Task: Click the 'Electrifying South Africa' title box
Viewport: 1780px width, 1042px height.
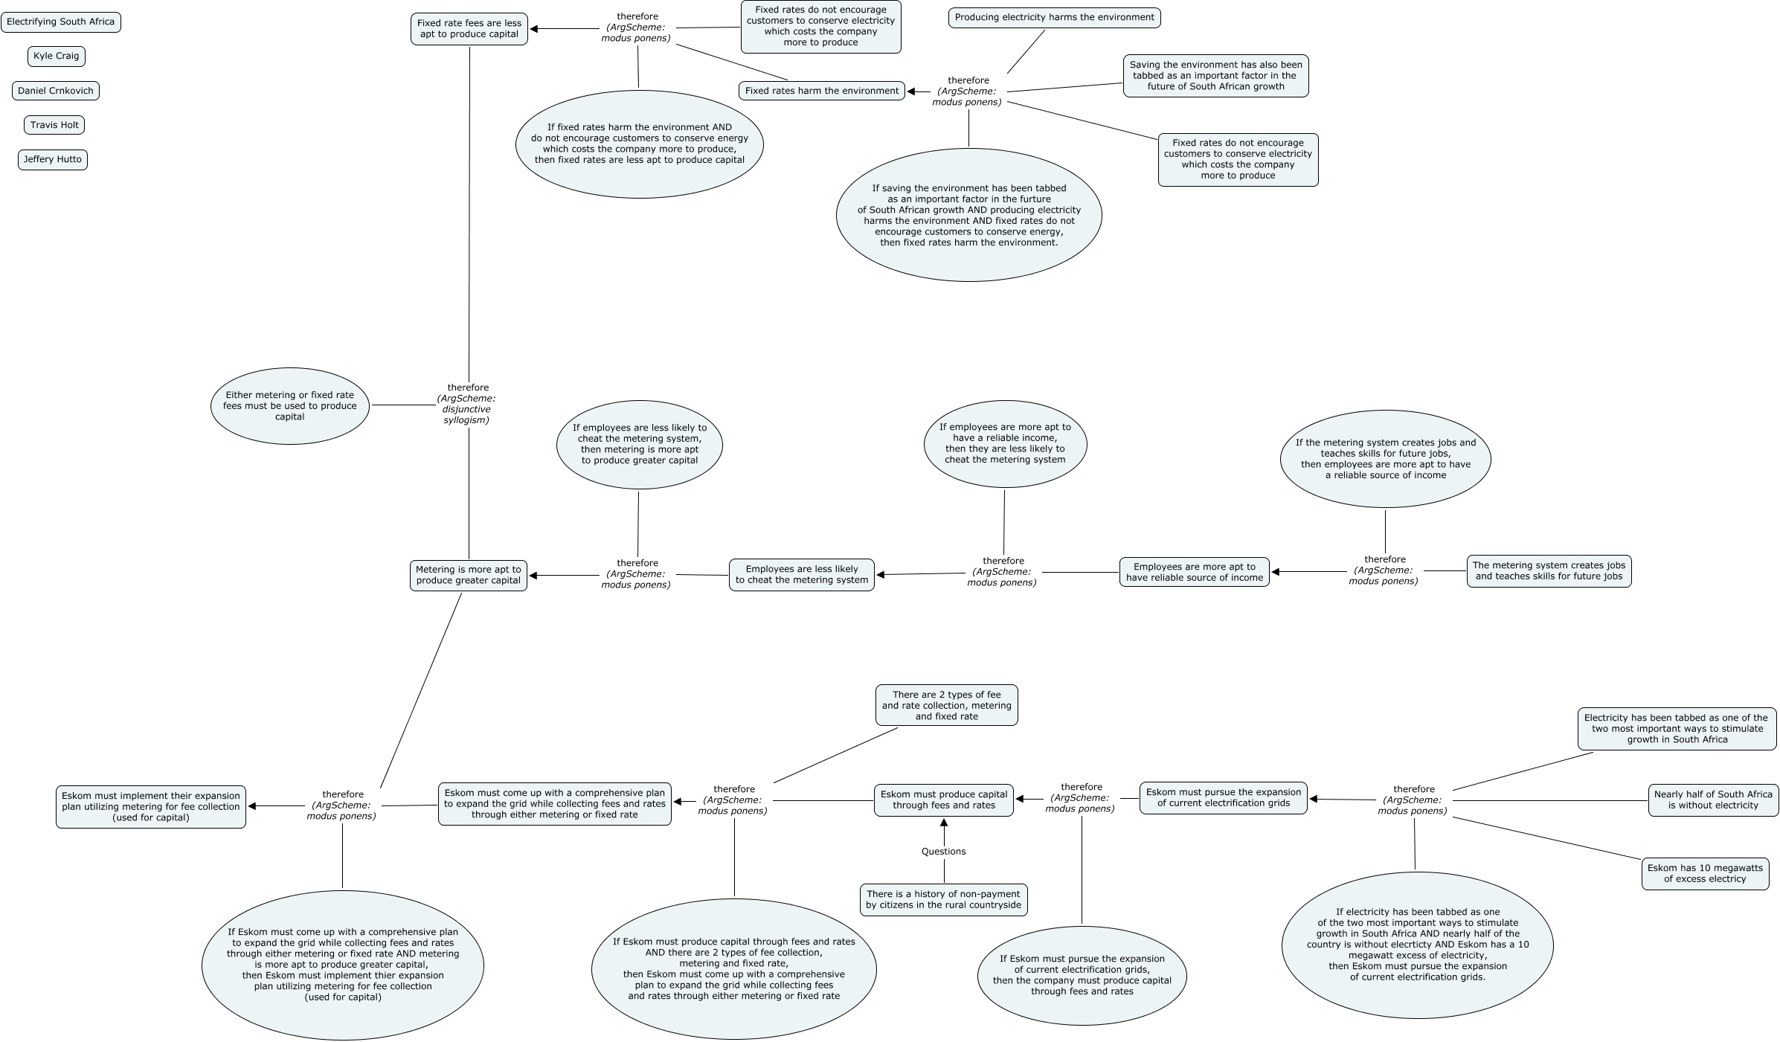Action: tap(61, 22)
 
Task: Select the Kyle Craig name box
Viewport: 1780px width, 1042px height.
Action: tap(57, 57)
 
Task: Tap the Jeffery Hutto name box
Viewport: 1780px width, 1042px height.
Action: tap(53, 160)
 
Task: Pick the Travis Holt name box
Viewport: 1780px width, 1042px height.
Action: tap(54, 125)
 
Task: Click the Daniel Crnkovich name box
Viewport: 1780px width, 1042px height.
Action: tap(56, 91)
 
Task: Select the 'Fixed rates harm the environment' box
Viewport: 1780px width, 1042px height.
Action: tap(822, 91)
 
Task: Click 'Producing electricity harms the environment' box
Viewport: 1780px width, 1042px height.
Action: tap(1054, 18)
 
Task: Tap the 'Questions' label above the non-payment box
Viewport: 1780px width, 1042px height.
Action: tap(943, 852)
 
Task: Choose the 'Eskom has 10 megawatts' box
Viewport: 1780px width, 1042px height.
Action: tap(1705, 874)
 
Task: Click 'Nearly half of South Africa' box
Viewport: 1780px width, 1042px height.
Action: tap(1713, 800)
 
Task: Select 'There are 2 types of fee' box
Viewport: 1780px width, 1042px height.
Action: tap(946, 706)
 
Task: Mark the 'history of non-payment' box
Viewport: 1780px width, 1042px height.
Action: tap(943, 900)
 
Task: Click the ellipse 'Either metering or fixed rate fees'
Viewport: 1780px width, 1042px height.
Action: tap(290, 406)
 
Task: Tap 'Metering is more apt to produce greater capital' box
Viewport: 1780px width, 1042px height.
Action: tap(469, 576)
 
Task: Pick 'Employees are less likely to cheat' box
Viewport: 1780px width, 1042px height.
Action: tap(802, 575)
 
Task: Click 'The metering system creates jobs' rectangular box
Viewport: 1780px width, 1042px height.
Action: tap(1549, 571)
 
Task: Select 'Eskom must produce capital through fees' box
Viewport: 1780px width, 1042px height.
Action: tap(943, 800)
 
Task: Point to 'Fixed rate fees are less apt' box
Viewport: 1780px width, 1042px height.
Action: tap(469, 29)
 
